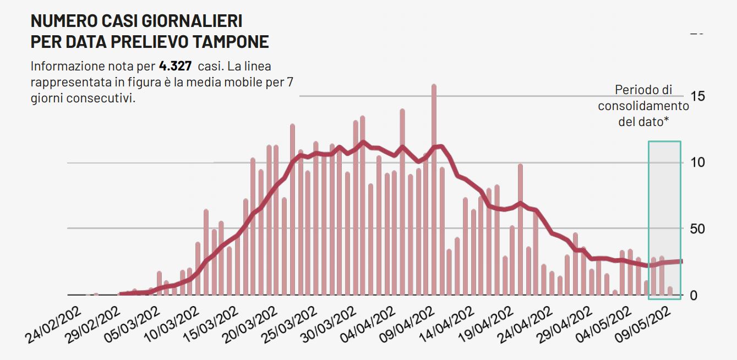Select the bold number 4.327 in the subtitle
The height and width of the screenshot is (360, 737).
click(x=175, y=67)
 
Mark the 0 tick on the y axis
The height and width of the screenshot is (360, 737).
click(x=694, y=296)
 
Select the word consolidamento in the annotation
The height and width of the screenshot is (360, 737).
click(x=643, y=106)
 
